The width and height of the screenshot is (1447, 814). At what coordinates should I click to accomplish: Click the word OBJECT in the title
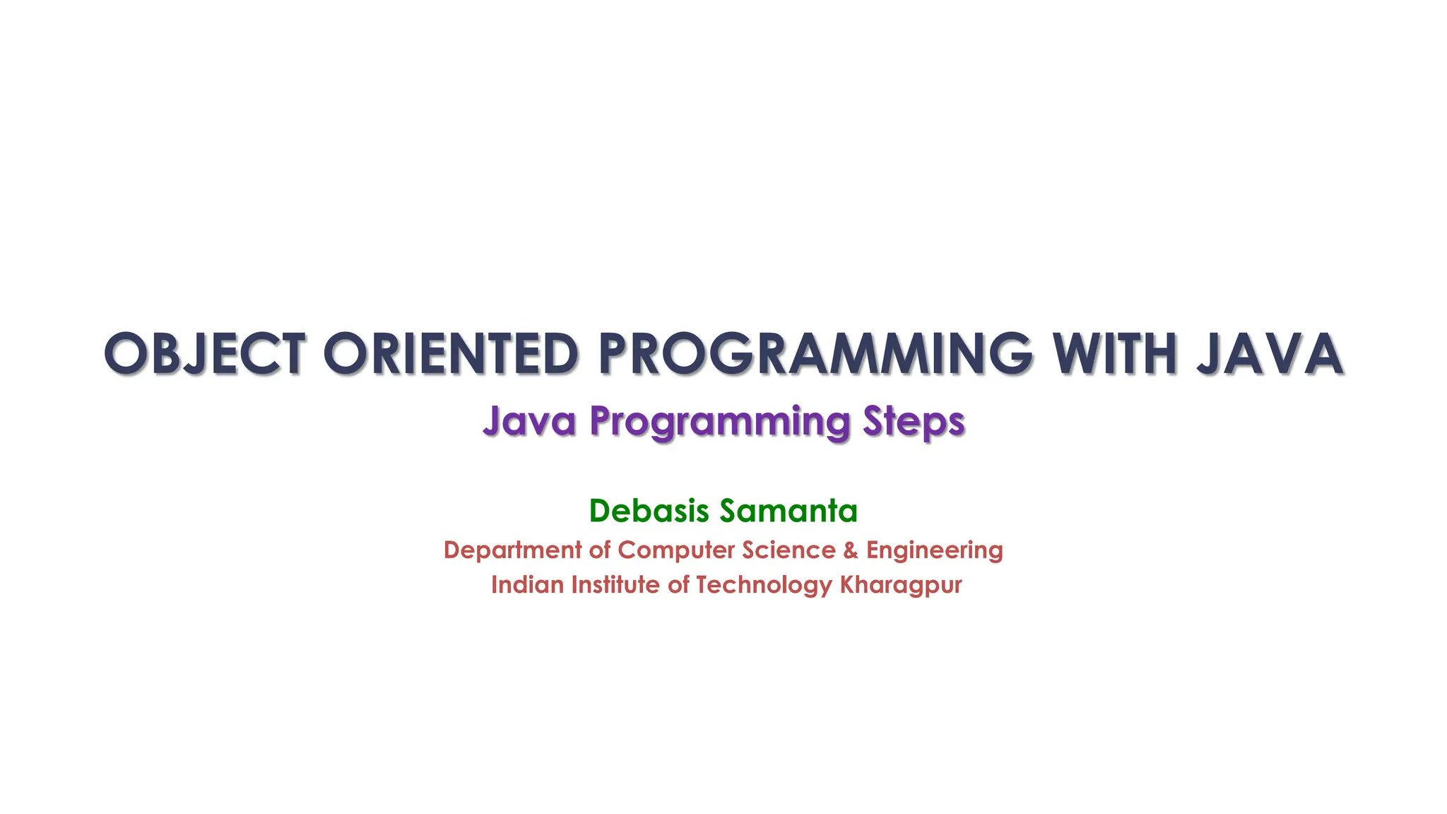pos(204,353)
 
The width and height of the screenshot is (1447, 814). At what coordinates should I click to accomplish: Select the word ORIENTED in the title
pos(451,353)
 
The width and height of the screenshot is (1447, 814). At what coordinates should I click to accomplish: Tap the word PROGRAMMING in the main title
pos(815,353)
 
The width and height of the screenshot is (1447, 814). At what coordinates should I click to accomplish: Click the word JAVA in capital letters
pos(1270,353)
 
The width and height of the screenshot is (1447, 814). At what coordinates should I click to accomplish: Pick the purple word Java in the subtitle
pos(529,421)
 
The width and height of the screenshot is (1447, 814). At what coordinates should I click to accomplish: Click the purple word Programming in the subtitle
pos(720,423)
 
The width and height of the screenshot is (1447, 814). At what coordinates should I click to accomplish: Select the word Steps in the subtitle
pos(914,423)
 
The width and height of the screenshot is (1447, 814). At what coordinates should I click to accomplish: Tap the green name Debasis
pos(649,510)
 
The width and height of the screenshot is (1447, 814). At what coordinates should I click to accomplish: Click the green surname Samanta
pos(789,510)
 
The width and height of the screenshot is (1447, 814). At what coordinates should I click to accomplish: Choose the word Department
pos(512,550)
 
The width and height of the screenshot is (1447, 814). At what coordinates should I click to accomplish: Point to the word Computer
pos(675,550)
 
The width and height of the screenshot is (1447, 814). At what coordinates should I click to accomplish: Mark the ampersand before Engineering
pos(851,550)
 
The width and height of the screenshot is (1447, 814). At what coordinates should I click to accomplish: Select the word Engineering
pos(934,550)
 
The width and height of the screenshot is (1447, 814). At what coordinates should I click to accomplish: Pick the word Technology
pos(764,586)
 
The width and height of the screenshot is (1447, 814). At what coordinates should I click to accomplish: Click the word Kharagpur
pos(900,586)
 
